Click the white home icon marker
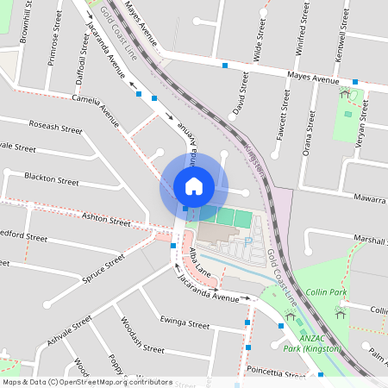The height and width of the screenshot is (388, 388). (194, 185)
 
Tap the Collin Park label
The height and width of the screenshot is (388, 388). (326, 293)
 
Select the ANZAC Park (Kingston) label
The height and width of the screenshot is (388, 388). (323, 342)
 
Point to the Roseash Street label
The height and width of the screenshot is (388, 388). (54, 128)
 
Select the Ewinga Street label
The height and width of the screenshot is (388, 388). (185, 323)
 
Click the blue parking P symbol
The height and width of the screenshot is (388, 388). (248, 242)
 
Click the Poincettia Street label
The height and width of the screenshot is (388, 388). (276, 372)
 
